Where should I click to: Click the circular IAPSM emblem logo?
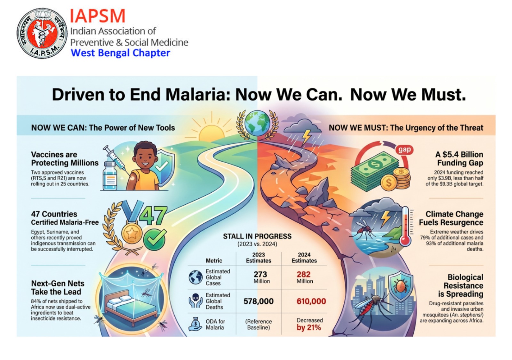(42, 33)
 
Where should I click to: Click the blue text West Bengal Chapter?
(120, 53)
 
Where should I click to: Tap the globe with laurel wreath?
(257, 124)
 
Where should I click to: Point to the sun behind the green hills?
(212, 132)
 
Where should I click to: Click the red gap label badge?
(404, 150)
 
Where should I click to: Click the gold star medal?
(132, 234)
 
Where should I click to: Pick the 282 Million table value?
(304, 277)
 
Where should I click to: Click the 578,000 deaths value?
(259, 301)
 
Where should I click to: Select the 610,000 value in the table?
(311, 301)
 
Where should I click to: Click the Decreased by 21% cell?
(310, 324)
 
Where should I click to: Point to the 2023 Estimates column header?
(259, 258)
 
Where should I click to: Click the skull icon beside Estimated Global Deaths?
(195, 301)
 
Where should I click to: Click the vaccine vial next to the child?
(110, 176)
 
